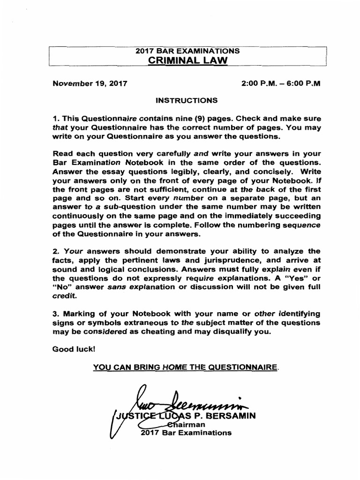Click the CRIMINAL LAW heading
187,60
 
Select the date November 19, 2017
90,84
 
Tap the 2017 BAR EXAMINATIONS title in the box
187,51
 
